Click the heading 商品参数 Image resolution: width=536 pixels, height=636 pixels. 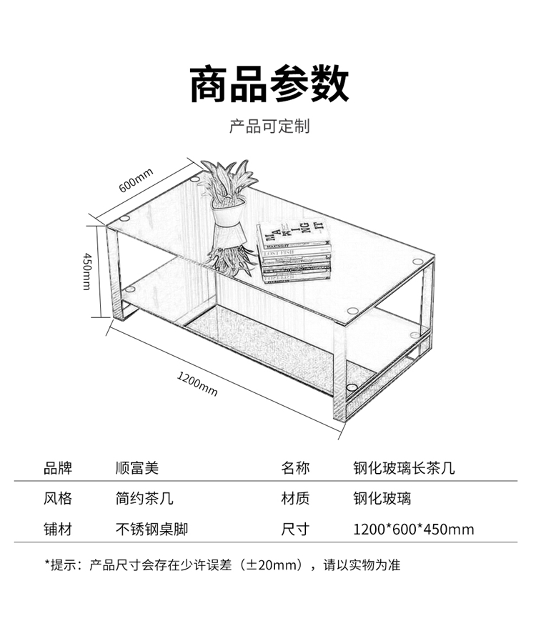[268, 84]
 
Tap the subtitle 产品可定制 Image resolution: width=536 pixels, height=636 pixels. [268, 127]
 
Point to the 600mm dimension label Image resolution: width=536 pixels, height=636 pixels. [136, 180]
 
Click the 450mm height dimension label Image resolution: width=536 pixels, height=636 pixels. [86, 271]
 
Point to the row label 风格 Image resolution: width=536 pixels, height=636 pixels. [58, 499]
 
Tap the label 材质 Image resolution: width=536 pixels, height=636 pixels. [295, 499]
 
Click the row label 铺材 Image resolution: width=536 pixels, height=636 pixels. [58, 530]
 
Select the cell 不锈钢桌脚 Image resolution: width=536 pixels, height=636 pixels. [151, 530]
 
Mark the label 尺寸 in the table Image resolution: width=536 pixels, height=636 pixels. [295, 530]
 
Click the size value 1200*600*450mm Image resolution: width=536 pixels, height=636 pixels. [413, 530]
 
